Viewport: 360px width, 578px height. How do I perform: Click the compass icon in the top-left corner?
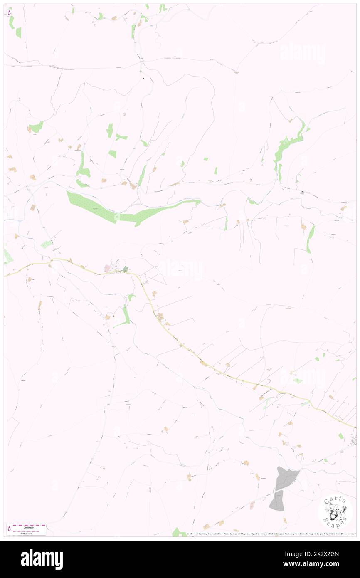[9, 13]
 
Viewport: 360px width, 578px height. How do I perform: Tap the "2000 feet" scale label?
[29, 527]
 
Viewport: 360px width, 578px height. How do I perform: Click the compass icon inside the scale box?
[10, 529]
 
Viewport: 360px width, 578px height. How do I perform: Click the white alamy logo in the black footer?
[42, 559]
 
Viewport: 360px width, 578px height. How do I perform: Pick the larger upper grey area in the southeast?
[286, 477]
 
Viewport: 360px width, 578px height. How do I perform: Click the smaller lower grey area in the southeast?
[277, 501]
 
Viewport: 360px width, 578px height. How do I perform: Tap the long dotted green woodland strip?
[125, 210]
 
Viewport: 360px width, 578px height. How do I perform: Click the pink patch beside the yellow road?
[108, 269]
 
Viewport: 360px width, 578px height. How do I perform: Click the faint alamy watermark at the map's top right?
[303, 53]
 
